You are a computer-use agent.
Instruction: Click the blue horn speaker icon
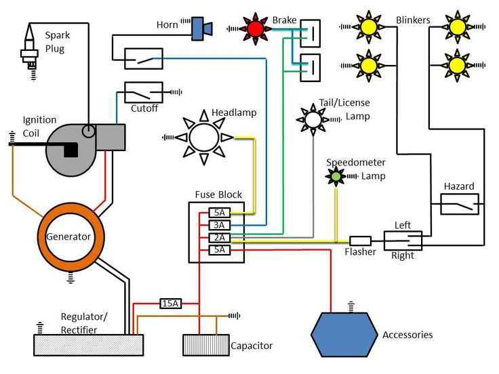tap(201, 27)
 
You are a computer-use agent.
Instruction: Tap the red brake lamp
tap(256, 28)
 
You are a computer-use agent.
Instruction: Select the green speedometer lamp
tap(336, 176)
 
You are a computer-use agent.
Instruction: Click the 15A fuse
tap(169, 304)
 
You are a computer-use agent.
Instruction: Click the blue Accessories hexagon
tap(344, 335)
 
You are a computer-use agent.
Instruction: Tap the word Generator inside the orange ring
tap(68, 237)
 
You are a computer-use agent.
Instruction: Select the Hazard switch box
tap(459, 203)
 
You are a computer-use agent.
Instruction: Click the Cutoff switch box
tap(143, 91)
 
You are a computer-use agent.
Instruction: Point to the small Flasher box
tap(360, 241)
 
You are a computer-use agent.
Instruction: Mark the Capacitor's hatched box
tap(204, 346)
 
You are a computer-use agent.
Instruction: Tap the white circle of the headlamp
tap(204, 138)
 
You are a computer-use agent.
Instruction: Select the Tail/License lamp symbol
tap(313, 119)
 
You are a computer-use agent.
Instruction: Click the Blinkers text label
tap(413, 20)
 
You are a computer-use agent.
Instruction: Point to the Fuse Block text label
tap(218, 194)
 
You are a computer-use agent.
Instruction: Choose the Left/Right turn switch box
tap(403, 241)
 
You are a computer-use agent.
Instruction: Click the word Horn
tap(167, 25)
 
